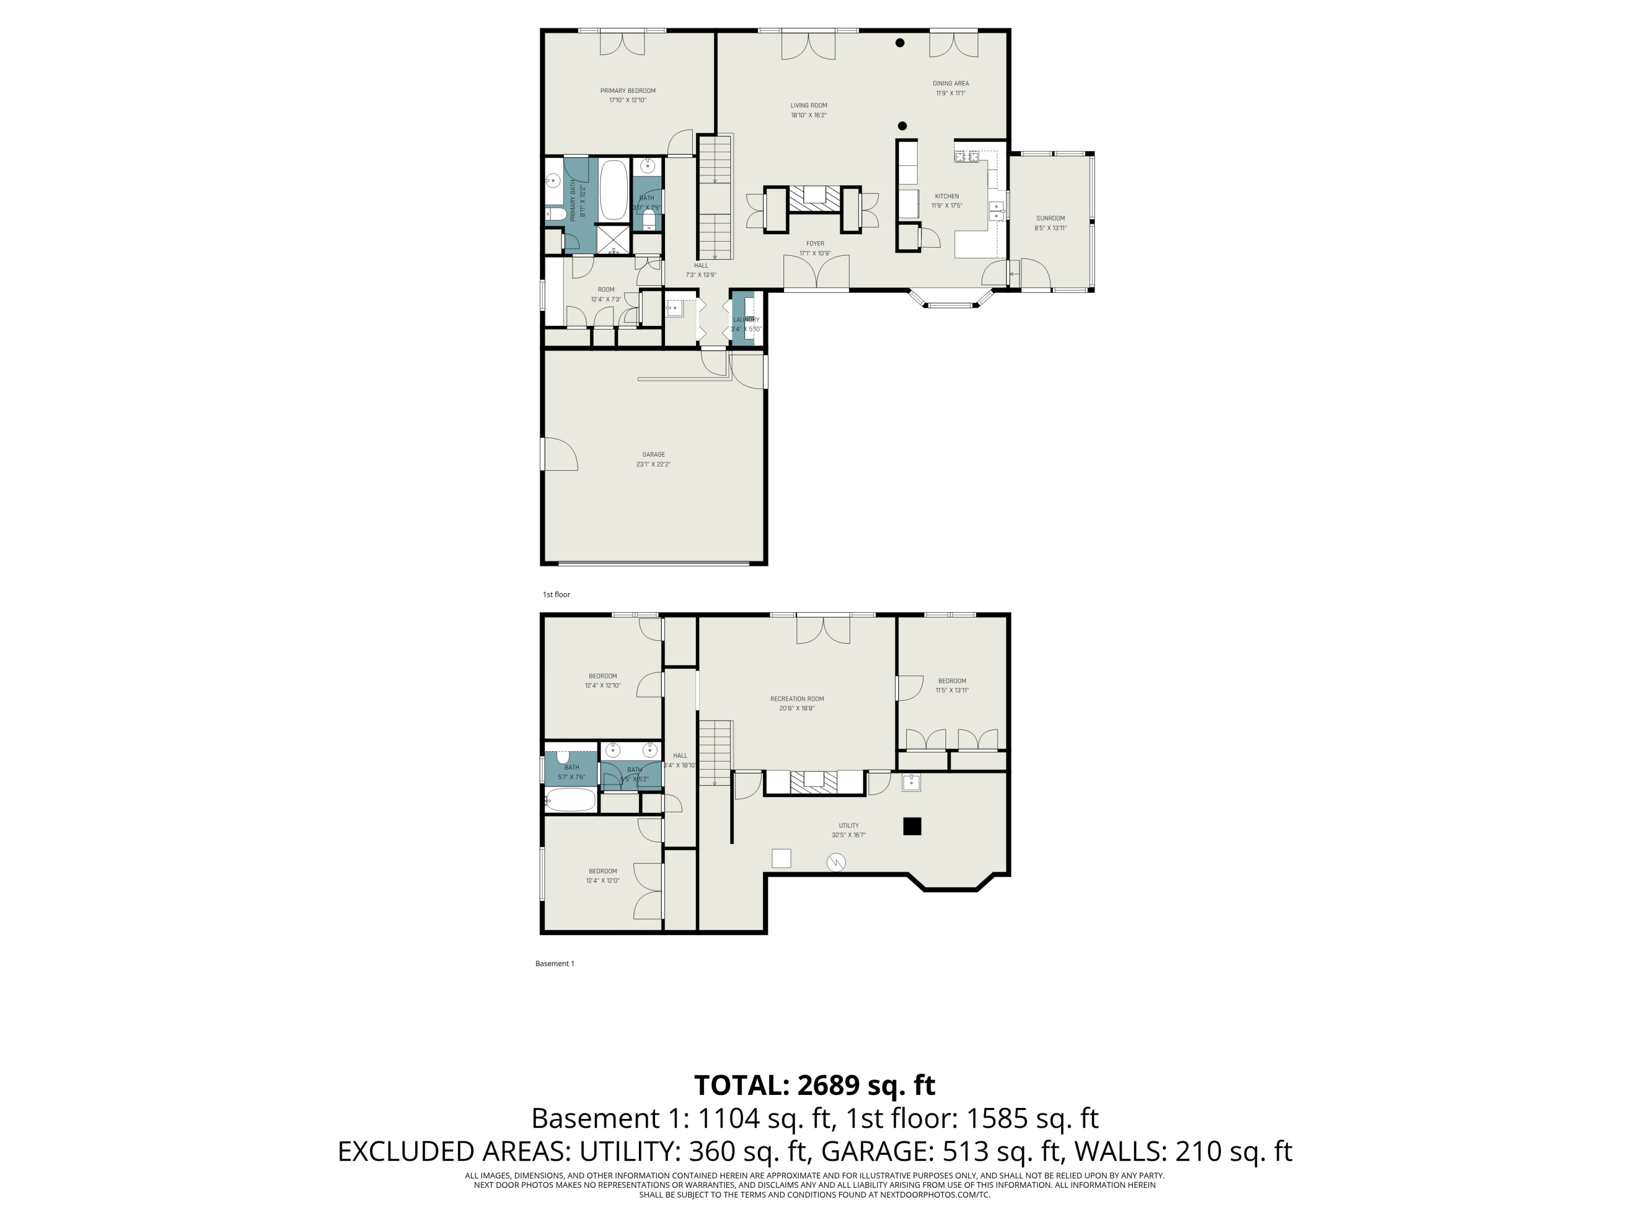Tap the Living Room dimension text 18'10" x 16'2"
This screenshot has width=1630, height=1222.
click(x=808, y=116)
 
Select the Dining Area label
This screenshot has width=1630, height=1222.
click(x=951, y=83)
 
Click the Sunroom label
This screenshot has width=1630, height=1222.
click(x=1050, y=218)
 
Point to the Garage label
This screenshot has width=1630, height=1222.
click(x=653, y=455)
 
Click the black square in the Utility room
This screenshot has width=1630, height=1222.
click(x=912, y=827)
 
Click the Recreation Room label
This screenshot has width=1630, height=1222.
click(x=797, y=699)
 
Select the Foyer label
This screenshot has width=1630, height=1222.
click(x=815, y=244)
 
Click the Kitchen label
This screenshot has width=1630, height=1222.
click(x=947, y=196)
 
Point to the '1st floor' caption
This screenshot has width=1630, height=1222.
click(x=556, y=594)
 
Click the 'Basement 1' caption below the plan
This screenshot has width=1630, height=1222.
click(x=554, y=963)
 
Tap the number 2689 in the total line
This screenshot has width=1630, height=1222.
click(x=828, y=1085)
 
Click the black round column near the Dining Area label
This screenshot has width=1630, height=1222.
click(x=900, y=43)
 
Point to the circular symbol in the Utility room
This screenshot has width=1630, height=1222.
click(x=836, y=862)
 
